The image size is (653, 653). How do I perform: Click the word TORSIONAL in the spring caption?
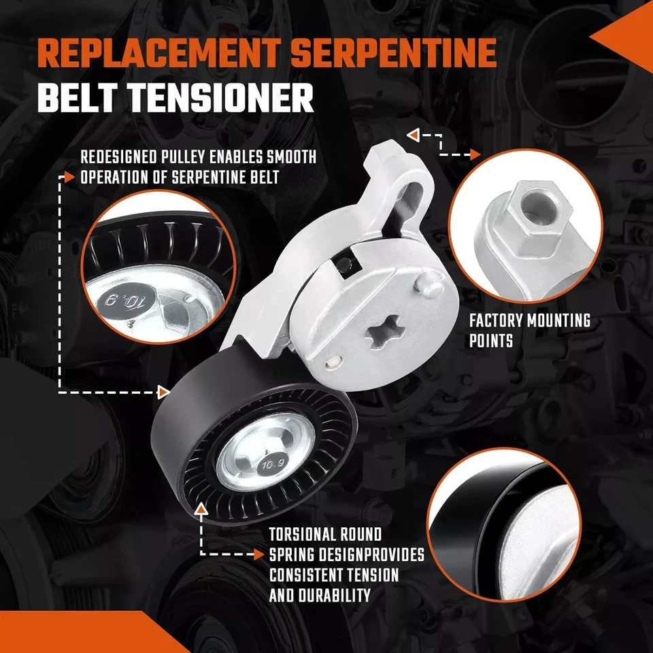(x=303, y=534)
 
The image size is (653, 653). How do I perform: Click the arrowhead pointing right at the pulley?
(x=163, y=392)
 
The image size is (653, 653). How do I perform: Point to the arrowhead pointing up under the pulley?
(x=201, y=509)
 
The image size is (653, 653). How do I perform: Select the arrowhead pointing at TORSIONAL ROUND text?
(x=259, y=554)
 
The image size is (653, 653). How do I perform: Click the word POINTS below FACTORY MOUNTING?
(x=490, y=341)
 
